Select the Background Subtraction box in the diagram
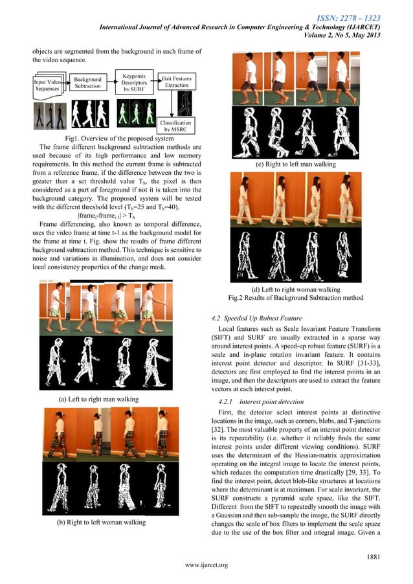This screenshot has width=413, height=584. tap(88, 82)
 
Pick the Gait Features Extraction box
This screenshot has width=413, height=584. tap(176, 82)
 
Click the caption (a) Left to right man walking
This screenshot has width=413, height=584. tap(99, 399)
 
